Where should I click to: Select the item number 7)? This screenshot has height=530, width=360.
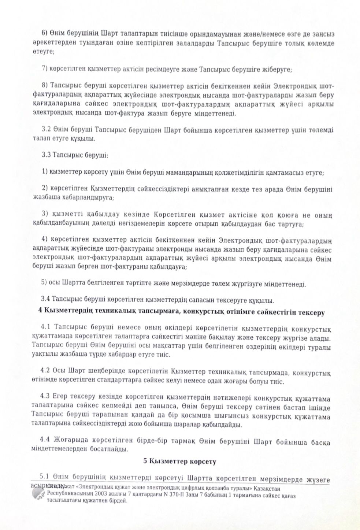(x=46, y=69)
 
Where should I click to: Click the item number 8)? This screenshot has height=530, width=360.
(x=46, y=86)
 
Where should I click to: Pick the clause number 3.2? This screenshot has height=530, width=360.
(x=47, y=130)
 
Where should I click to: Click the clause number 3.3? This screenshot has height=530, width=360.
(x=47, y=155)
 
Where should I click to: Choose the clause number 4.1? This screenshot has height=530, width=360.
(x=47, y=327)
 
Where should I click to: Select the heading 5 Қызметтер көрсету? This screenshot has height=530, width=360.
(x=179, y=461)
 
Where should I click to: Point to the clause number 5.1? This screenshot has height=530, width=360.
(x=44, y=478)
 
